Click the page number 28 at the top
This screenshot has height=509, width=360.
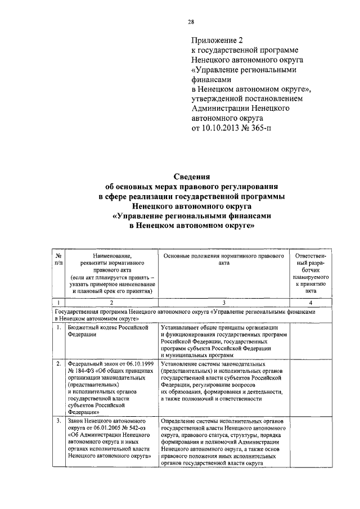(191, 22)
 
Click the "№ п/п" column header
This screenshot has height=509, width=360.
(58, 260)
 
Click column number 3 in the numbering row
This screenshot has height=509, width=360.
(224, 303)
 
